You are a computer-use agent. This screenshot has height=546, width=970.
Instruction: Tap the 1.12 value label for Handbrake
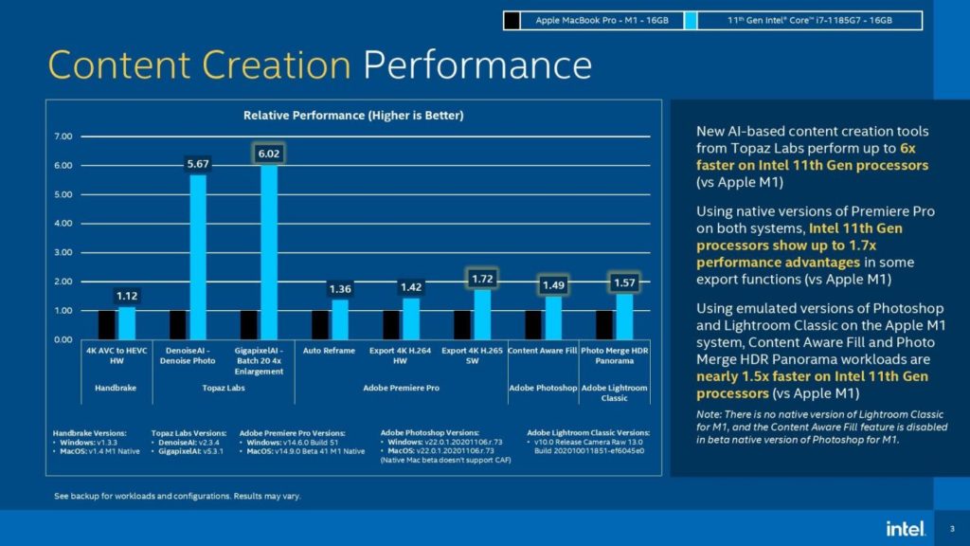pyautogui.click(x=127, y=296)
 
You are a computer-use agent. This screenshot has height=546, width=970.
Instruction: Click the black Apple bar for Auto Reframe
pyautogui.click(x=321, y=324)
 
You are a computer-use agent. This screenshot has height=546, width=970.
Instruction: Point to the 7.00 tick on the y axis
pyautogui.click(x=63, y=136)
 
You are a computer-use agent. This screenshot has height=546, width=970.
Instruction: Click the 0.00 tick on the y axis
pyautogui.click(x=63, y=339)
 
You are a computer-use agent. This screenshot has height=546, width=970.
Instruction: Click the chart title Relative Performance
pyautogui.click(x=353, y=115)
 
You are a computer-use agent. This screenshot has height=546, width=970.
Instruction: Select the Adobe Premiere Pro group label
pyautogui.click(x=403, y=388)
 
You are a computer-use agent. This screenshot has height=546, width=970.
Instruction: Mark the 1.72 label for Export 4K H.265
pyautogui.click(x=482, y=279)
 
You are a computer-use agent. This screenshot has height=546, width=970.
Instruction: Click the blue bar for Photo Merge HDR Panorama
pyautogui.click(x=624, y=316)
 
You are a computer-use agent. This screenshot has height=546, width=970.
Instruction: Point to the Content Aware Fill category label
pyautogui.click(x=542, y=351)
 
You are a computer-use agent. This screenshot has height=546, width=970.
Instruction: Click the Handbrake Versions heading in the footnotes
pyautogui.click(x=93, y=432)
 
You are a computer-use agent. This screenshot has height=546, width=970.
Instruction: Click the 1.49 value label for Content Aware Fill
pyautogui.click(x=553, y=285)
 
